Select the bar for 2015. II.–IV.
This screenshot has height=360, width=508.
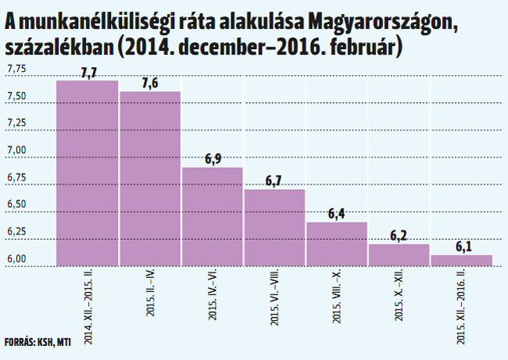pyautogui.click(x=150, y=179)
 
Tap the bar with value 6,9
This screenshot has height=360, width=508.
pyautogui.click(x=213, y=216)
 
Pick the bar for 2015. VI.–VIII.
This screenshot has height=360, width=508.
pyautogui.click(x=274, y=227)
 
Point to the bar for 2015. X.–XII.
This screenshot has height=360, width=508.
pyautogui.click(x=399, y=255)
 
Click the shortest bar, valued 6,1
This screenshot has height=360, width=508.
pyautogui.click(x=461, y=260)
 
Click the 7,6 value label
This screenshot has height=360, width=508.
pyautogui.click(x=151, y=83)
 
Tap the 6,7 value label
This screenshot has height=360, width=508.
pyautogui.click(x=274, y=180)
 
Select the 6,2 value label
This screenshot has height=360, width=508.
pyautogui.click(x=399, y=235)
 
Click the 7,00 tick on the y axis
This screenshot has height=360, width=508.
pyautogui.click(x=16, y=150)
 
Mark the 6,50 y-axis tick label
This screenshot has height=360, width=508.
pyautogui.click(x=16, y=205)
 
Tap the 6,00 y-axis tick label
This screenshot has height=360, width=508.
pyautogui.click(x=16, y=259)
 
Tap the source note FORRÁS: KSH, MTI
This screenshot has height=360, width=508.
pyautogui.click(x=37, y=341)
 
